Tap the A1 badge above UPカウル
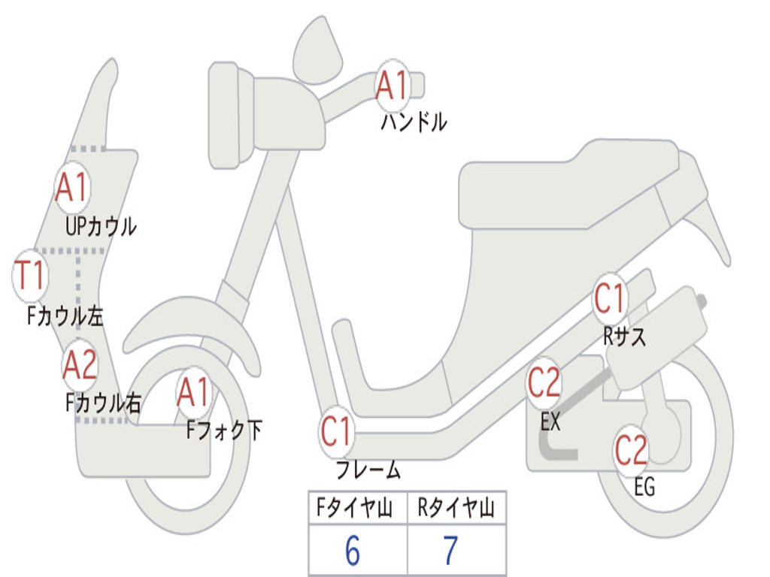73,187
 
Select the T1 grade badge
30,275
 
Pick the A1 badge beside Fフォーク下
194,393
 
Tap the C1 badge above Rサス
611,299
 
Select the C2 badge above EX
544,383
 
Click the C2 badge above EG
632,451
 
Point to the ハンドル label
414,122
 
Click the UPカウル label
101,227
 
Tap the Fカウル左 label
65,316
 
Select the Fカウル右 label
103,403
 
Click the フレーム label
368,470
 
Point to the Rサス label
624,337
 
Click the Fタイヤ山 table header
354,508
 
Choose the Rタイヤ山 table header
456,508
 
